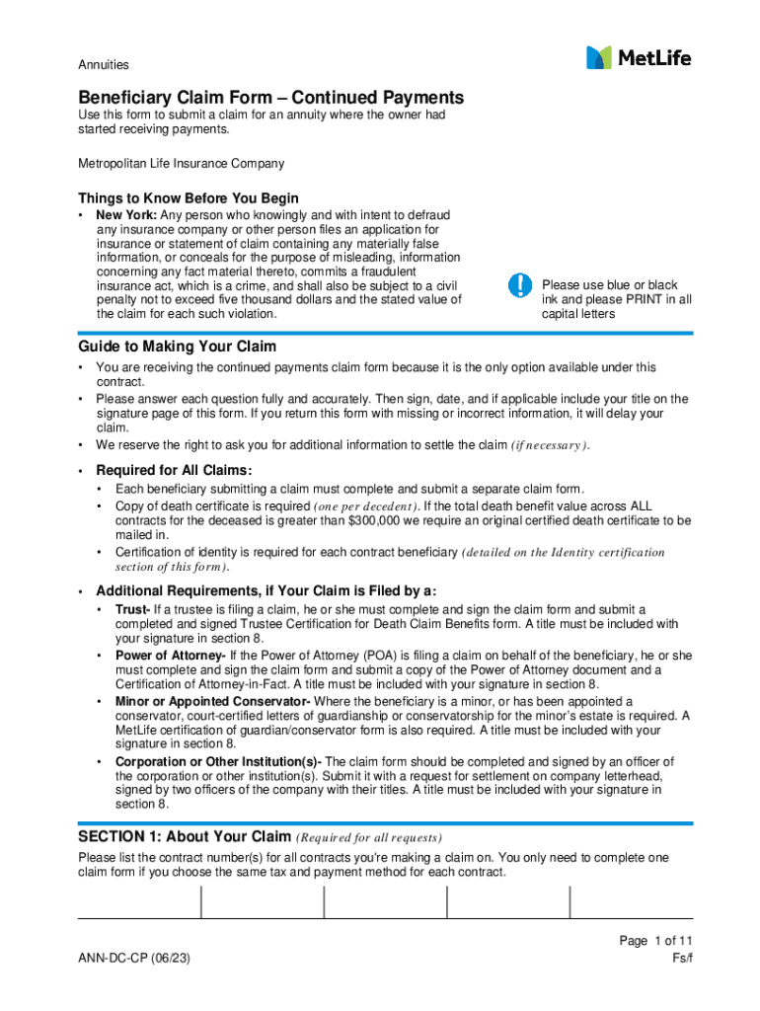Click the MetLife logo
click(639, 58)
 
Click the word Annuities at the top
click(104, 65)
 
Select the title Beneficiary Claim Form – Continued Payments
click(270, 98)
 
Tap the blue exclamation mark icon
click(519, 285)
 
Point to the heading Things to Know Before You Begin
click(189, 198)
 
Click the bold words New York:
click(126, 215)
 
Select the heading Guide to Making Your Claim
click(178, 347)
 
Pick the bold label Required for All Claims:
click(174, 471)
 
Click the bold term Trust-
click(132, 609)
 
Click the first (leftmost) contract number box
click(139, 902)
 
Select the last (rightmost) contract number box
click(631, 902)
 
